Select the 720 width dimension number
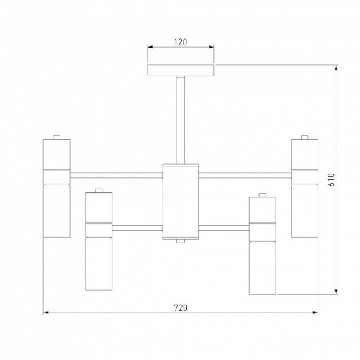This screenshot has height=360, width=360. click(x=180, y=307)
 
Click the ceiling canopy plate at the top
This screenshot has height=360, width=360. click(x=180, y=71)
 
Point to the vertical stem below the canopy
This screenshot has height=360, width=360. click(x=180, y=119)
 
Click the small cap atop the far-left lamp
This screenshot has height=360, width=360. click(x=56, y=138)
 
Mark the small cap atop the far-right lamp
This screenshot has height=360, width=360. click(x=304, y=138)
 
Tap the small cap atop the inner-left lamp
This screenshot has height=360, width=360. click(x=98, y=192)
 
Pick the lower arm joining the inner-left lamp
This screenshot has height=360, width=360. click(x=137, y=228)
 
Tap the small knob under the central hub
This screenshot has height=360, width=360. click(x=180, y=241)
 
